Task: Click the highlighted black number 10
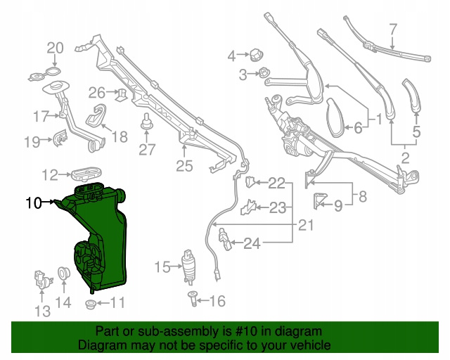(34, 202)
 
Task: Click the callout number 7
(393, 30)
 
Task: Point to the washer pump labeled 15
(188, 267)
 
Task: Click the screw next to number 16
(193, 299)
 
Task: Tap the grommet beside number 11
(91, 304)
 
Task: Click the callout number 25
(184, 166)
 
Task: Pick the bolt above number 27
(147, 122)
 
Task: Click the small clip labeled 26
(122, 94)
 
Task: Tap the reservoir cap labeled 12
(86, 174)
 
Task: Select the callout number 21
(306, 226)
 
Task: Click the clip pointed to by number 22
(250, 182)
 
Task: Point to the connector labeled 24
(225, 238)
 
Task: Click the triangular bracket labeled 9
(319, 200)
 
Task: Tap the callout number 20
(55, 48)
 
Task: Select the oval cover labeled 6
(335, 117)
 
